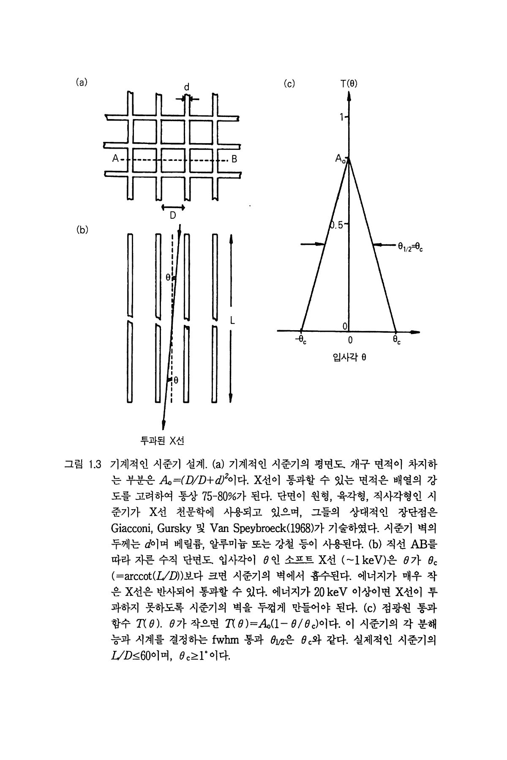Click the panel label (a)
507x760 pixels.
82,82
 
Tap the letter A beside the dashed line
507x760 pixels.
114,159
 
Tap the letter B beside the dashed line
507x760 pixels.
234,160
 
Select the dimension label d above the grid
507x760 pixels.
186,87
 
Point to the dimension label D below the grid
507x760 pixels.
173,216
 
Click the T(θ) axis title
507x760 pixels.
349,84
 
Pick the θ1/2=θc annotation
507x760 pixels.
410,247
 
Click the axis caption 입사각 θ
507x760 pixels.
349,357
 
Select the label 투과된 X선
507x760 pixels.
162,441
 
